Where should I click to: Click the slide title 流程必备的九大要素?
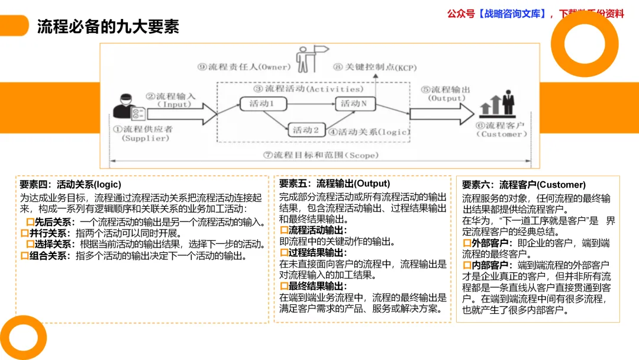click(x=108, y=27)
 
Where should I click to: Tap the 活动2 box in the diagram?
click(x=306, y=130)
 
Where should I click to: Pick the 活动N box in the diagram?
click(x=357, y=104)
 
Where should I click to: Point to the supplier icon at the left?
click(x=129, y=107)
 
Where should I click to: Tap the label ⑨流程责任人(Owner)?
click(x=244, y=67)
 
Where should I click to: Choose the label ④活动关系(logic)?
click(x=369, y=131)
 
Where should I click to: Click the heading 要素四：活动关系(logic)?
click(x=70, y=185)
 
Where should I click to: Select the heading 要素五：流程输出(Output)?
click(x=334, y=184)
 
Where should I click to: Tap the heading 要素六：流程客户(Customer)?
click(x=524, y=185)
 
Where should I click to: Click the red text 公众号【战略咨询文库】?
click(x=496, y=14)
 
